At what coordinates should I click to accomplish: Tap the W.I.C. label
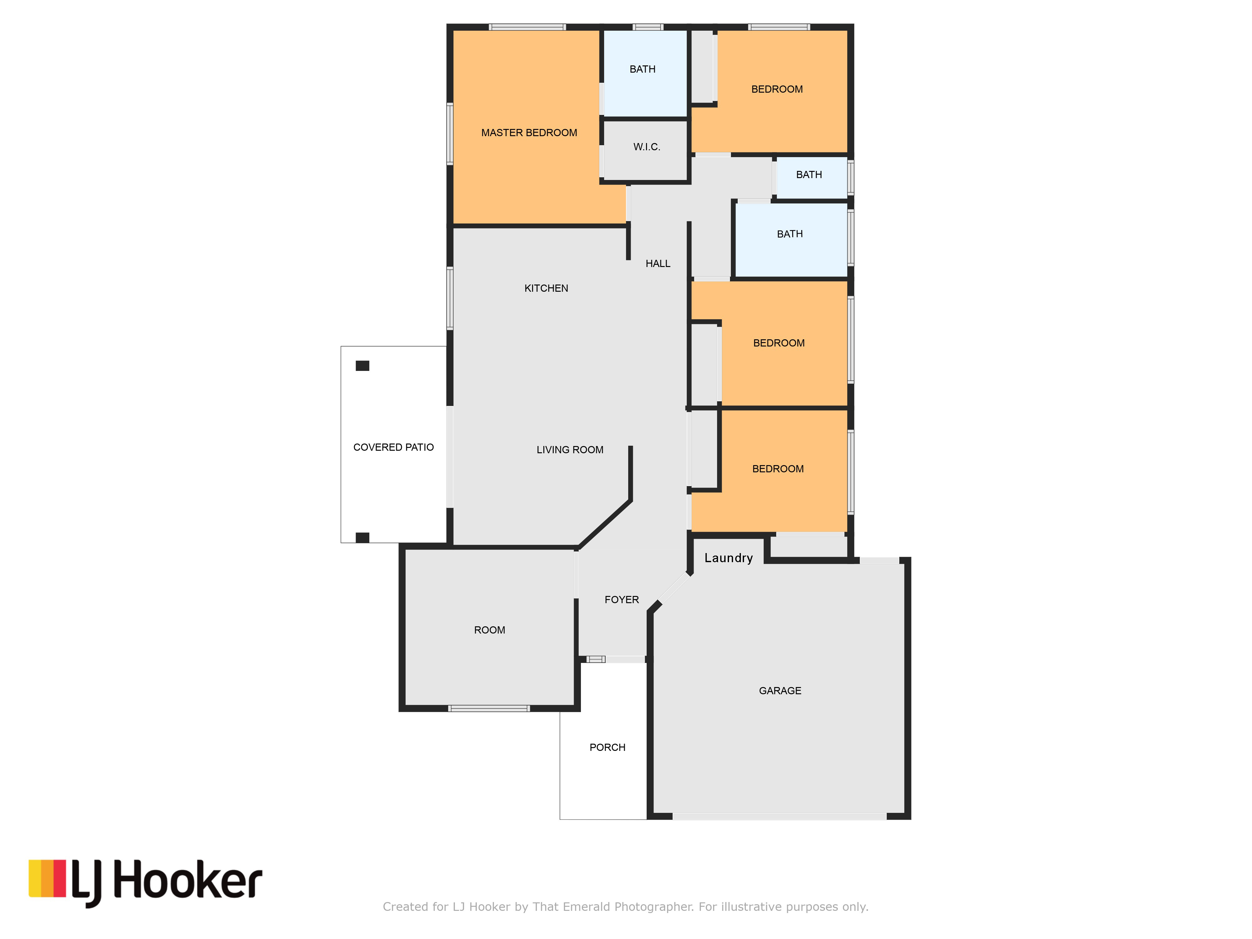pos(646,146)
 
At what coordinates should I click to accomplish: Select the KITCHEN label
pos(546,288)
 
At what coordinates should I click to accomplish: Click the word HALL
pos(658,263)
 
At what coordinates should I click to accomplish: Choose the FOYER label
pos(622,599)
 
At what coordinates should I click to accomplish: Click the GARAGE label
pos(780,690)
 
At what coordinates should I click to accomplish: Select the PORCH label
pos(607,747)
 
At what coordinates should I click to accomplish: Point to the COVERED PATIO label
pos(393,447)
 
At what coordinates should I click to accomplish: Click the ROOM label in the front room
pos(490,630)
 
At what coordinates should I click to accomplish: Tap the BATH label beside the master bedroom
pos(642,69)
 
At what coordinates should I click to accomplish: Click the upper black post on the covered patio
pos(362,366)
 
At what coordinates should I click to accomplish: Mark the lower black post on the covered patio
pos(362,538)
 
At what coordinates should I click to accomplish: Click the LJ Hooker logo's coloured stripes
pos(48,879)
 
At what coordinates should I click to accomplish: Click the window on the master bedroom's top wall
pos(527,27)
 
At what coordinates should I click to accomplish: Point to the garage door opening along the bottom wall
pos(779,816)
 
